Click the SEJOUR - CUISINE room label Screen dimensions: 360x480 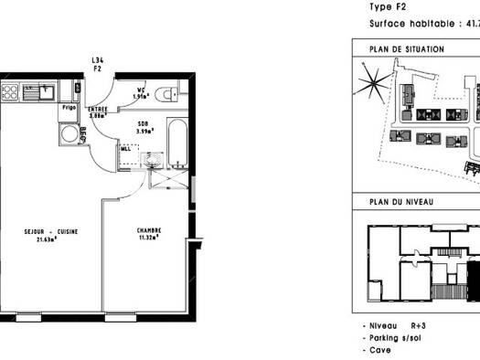pos(51,231)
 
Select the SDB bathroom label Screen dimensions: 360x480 pos(144,122)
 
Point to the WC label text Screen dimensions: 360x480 pos(141,89)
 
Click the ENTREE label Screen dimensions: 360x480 pos(99,109)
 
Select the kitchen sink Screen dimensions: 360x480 pos(40,90)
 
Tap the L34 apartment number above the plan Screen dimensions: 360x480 pos(97,61)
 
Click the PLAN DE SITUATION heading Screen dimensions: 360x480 pos(406,48)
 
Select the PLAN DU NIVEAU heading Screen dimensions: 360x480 pos(400,202)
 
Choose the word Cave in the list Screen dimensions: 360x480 pos(379,350)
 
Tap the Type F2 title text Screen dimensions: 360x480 pos(388,5)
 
